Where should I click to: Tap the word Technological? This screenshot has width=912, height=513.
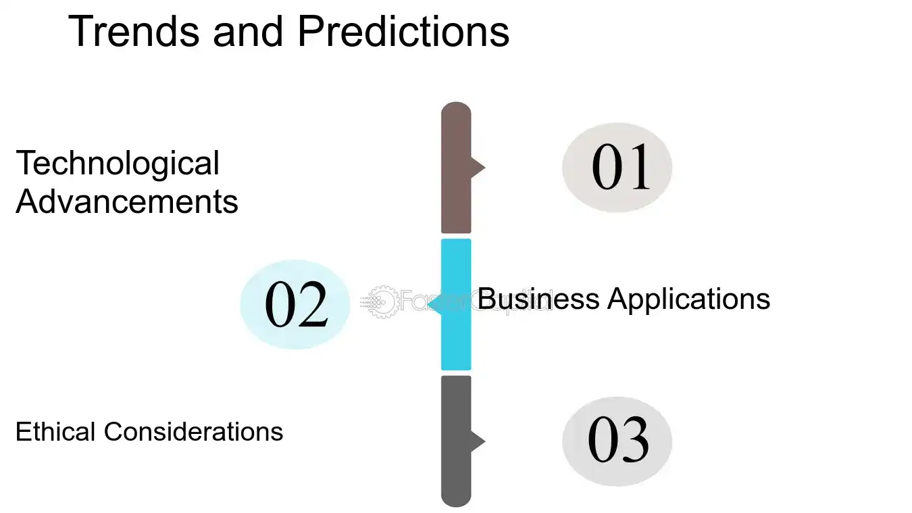118,164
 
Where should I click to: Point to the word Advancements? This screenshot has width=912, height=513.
127,201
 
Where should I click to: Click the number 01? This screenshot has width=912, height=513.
620,168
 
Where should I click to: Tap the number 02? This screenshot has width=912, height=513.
296,305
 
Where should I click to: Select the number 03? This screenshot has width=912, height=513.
618,441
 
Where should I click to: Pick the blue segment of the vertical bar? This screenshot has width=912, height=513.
456,338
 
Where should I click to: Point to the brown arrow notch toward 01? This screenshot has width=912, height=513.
478,167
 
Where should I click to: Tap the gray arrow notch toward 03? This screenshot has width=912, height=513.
478,441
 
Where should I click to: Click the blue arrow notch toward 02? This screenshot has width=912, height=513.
434,305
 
